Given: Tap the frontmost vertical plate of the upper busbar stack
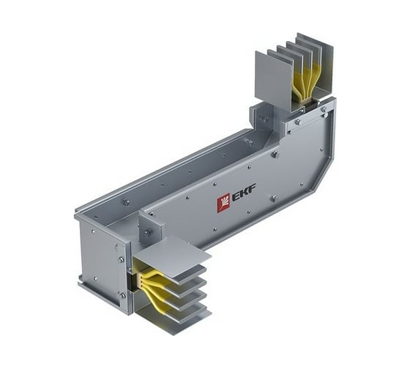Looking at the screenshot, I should click(272, 78).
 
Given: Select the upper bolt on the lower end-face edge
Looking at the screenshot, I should click(122, 259).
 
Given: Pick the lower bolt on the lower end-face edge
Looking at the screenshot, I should click(122, 295).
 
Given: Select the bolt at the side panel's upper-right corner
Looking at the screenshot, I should click(323, 110).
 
